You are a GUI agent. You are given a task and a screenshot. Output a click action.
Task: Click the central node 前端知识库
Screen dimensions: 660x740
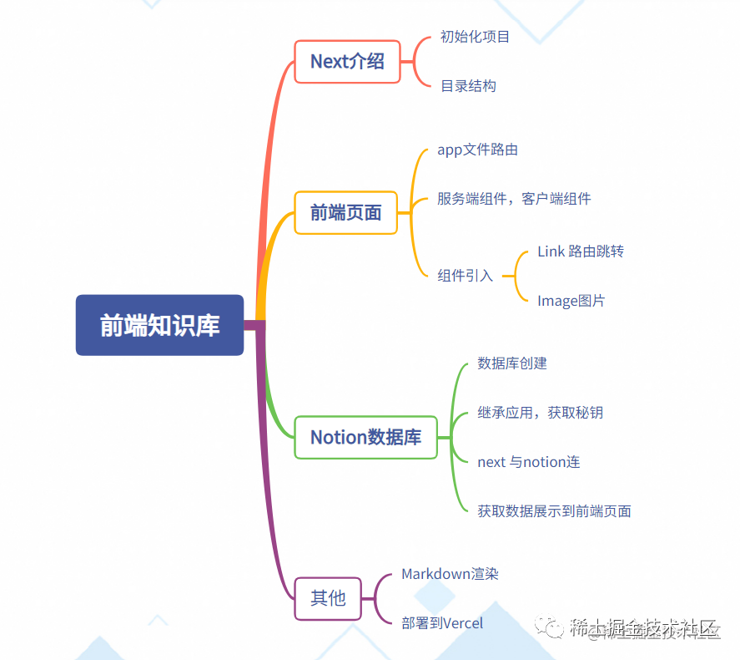(x=159, y=325)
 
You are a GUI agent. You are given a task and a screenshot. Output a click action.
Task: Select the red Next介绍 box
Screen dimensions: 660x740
(x=347, y=61)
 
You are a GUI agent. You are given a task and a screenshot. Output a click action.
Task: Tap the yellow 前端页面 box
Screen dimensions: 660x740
(x=345, y=212)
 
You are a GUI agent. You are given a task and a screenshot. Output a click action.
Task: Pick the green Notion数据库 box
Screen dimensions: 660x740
(x=365, y=437)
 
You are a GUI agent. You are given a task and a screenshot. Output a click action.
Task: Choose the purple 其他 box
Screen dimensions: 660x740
(x=328, y=598)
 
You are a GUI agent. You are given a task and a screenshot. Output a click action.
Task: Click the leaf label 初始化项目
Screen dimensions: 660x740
(x=475, y=37)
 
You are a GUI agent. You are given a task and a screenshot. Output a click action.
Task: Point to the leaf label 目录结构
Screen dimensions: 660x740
(x=468, y=85)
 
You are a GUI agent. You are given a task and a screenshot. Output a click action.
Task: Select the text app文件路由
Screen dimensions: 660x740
(x=477, y=150)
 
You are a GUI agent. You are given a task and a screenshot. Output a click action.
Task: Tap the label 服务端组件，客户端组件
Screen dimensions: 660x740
(x=514, y=199)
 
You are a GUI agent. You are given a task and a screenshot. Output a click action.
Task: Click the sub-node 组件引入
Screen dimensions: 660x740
(x=465, y=276)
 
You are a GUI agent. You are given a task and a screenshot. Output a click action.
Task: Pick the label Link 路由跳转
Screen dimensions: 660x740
(x=581, y=251)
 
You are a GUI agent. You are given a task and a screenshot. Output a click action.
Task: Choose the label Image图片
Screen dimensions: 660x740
(x=571, y=301)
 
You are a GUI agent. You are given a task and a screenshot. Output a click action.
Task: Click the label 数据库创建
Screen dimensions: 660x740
(x=512, y=363)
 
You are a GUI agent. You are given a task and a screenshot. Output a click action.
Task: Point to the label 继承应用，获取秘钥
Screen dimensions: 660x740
(x=540, y=413)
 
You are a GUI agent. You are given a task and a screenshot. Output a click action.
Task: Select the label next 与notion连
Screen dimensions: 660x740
(x=528, y=461)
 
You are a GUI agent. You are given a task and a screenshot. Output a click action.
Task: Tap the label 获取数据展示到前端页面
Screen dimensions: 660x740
(x=554, y=510)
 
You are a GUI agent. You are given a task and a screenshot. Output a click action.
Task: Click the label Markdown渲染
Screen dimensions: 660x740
(x=450, y=574)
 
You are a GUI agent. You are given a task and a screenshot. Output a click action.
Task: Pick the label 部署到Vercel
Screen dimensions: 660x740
(x=442, y=623)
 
